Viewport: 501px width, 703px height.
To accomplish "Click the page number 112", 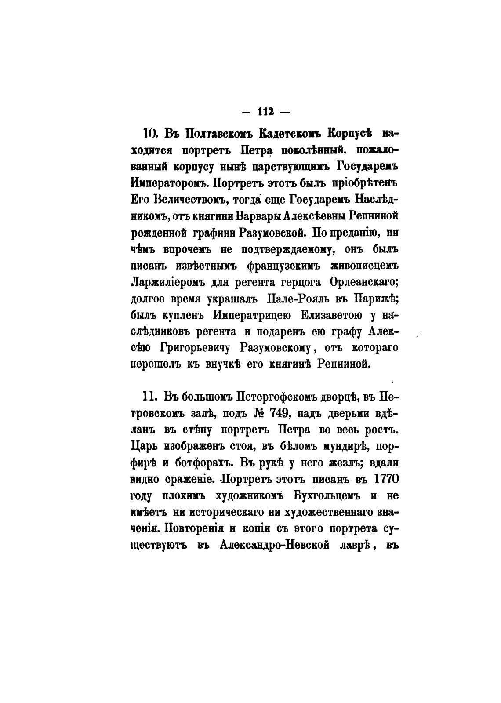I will tap(266, 112).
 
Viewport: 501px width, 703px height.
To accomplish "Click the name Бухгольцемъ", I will tap(327, 496).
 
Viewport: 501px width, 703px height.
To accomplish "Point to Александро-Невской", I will tap(281, 545).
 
